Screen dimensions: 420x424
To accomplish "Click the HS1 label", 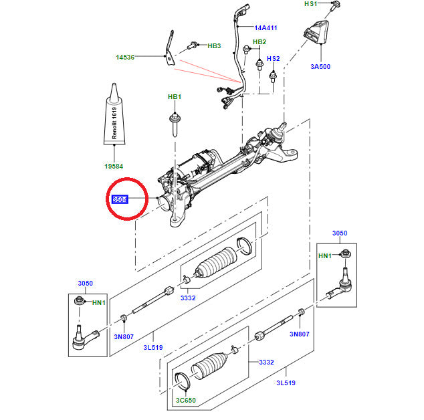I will click(x=311, y=4).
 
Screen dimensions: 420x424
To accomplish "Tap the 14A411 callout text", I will click(x=266, y=28).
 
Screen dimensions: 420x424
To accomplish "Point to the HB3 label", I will click(x=214, y=45).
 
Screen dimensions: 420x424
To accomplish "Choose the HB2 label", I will click(x=259, y=41).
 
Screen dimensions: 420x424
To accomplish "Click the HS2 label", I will click(x=274, y=59).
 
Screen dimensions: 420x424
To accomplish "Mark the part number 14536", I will click(x=124, y=58).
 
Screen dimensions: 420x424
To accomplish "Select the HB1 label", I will click(x=174, y=98).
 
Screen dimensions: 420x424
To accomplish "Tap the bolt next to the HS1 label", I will click(x=335, y=5).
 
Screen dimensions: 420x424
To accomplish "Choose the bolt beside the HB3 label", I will click(x=193, y=45).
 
